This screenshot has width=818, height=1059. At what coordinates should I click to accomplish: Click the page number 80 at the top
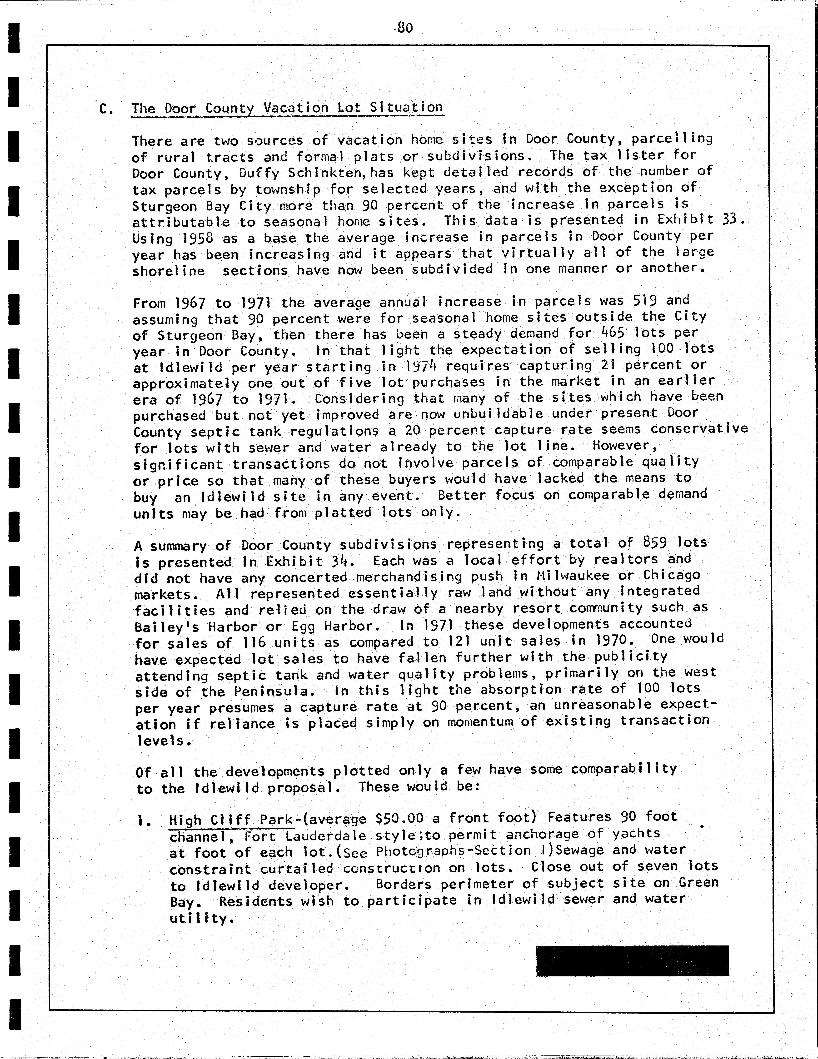pos(404,28)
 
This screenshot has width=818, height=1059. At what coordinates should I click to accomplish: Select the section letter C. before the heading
pos(106,109)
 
